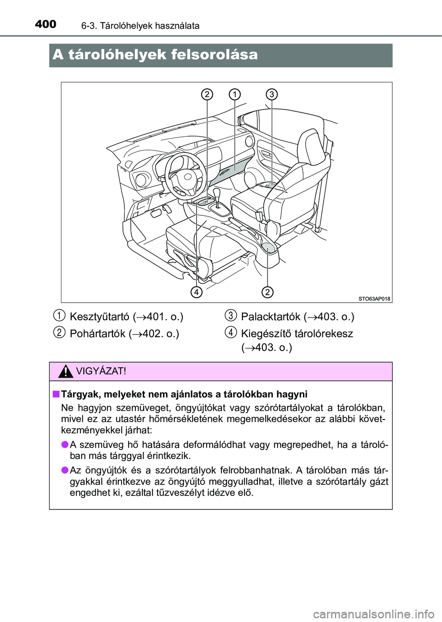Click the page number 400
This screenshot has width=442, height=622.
coord(46,24)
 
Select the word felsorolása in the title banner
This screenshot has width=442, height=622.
coord(214,55)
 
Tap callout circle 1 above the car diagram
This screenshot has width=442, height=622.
coord(235,94)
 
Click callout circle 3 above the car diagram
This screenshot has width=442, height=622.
coord(272,94)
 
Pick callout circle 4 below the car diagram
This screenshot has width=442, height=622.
coord(197,292)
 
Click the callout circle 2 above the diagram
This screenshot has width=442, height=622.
coord(207,94)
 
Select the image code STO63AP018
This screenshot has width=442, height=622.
coord(374,299)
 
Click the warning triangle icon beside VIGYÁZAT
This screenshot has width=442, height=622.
coord(65,372)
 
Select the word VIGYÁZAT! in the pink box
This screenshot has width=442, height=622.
coord(101,371)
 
